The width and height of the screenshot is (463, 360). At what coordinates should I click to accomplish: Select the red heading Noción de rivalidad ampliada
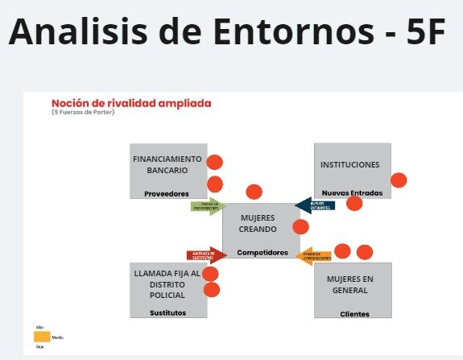tap(131, 103)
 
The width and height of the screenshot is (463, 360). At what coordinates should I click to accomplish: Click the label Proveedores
tap(166, 193)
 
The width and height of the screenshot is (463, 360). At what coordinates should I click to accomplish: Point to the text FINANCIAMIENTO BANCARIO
tap(167, 164)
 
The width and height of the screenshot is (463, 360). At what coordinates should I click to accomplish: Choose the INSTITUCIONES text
tap(349, 164)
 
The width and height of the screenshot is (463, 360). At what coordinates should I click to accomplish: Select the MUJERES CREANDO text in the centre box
tap(258, 223)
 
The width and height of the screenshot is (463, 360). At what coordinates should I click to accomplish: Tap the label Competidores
tap(262, 252)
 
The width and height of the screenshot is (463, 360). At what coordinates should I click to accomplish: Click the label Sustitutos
tap(167, 312)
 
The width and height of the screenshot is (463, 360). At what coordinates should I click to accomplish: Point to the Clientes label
tap(354, 313)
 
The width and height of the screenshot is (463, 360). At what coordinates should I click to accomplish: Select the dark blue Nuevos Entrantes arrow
tap(315, 205)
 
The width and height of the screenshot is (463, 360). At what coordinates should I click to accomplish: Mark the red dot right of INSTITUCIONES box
tap(398, 180)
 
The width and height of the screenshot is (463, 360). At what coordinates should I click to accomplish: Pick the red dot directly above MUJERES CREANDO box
tap(254, 192)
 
